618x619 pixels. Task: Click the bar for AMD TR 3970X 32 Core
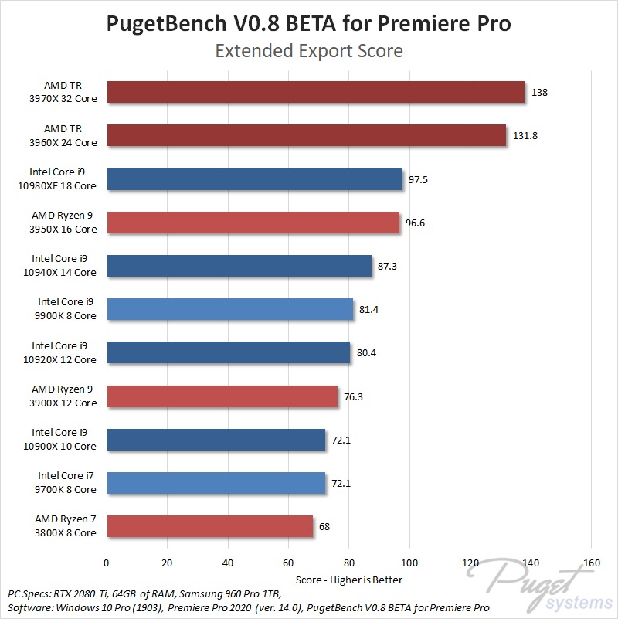[x=315, y=93]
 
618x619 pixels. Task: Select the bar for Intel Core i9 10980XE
[x=255, y=179]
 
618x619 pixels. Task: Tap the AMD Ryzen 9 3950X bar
[x=253, y=223]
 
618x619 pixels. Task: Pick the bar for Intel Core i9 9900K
[x=229, y=310]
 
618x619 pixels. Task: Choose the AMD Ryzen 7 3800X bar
[x=209, y=526]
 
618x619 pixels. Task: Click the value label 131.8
[x=525, y=136]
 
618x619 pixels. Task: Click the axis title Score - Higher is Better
[x=349, y=579]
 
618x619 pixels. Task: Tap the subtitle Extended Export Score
[x=309, y=52]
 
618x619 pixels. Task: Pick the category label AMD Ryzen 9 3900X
[x=65, y=396]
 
